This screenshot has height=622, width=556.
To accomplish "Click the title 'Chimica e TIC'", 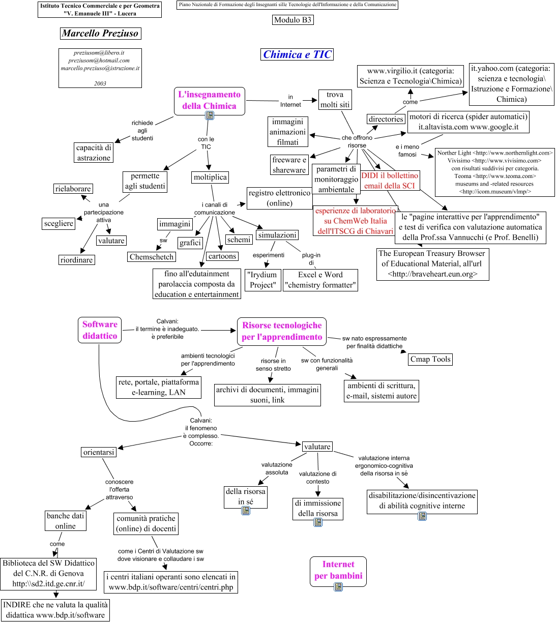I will point(298,54).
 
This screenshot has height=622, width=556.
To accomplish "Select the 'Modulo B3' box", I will point(292,20).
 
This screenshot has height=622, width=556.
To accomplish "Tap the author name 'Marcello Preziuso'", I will point(100,34).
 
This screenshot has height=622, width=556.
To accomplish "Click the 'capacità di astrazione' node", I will point(94,153).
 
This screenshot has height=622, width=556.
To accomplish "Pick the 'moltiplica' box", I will point(210,177).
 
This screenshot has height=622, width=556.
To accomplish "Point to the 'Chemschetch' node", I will point(152,257).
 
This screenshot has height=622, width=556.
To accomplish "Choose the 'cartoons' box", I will point(222,256).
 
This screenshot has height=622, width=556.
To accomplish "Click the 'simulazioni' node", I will point(277,235).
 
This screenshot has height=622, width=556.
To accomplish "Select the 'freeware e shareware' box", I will point(289,165).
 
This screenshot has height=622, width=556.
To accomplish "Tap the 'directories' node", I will point(386,119).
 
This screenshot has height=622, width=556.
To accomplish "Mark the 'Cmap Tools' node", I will point(430,359).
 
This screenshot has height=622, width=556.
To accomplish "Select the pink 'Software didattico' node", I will point(100,330).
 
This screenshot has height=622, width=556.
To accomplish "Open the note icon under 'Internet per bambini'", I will point(338,587).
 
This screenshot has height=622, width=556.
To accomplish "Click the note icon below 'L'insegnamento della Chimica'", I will point(210,115).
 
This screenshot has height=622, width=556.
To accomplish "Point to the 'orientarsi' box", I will point(99,452).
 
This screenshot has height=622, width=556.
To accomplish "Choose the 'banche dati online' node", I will point(66,521).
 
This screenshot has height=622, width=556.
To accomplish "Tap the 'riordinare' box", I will point(76,260).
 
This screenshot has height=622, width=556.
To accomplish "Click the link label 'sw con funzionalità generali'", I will point(327,364).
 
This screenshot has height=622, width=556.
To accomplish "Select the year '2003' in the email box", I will point(100,83).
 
